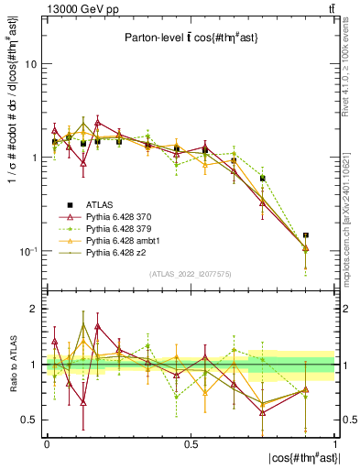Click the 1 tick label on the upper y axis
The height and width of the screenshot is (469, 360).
32,158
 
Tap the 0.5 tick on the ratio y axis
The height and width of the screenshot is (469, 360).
27,420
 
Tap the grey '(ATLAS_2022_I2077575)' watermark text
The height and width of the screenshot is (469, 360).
191,274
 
